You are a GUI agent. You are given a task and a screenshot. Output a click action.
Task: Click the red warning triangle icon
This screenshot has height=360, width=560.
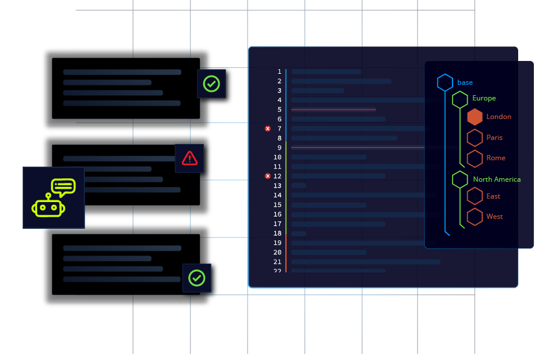pos(189,158)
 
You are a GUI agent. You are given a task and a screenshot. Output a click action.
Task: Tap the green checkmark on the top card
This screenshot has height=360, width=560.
pos(211,84)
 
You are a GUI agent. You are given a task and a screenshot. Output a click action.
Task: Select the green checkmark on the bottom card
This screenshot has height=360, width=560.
pos(197,278)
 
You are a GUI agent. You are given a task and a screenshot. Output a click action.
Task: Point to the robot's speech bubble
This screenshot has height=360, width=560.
pos(63,187)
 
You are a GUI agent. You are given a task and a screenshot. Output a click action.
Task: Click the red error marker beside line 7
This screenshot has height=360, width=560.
pos(268,128)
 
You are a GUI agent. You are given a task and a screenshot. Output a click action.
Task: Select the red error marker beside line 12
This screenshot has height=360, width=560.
pos(268,176)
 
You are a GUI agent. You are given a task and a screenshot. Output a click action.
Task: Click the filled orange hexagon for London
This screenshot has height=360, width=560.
pos(475,117)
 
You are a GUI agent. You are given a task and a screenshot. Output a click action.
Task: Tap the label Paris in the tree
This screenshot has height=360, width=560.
pos(494,138)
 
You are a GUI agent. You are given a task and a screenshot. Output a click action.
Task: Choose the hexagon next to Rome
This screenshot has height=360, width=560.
pos(475,158)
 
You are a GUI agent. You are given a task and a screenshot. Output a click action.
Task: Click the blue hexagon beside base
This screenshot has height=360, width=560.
pos(445,82)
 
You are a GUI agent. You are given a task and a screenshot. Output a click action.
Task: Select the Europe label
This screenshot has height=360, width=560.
pos(484,98)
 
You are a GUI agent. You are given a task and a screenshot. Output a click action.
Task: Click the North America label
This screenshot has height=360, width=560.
pos(497,179)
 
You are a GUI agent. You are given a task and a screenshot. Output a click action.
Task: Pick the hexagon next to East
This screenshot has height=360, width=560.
pos(475,196)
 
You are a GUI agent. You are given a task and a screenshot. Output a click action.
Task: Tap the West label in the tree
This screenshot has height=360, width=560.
pos(494,217)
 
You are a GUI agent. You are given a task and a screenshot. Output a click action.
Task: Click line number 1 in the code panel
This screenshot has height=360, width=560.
pos(279,72)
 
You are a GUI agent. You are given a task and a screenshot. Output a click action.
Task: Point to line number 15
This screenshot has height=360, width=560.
pos(278,205)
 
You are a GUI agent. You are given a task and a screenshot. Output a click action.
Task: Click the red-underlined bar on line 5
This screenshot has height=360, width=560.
pos(333,110)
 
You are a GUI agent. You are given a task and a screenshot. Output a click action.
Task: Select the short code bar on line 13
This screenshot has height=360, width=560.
pos(299,186)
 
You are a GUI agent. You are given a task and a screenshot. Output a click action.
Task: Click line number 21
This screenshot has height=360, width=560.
pos(278,262)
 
